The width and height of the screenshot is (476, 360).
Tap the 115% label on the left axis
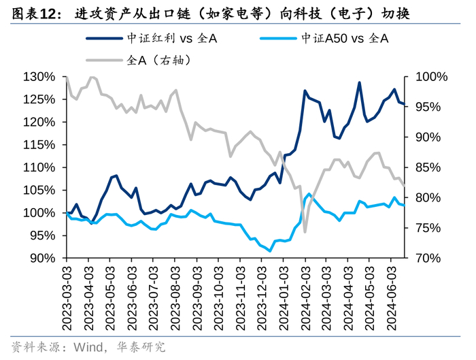pyautogui.click(x=39, y=144)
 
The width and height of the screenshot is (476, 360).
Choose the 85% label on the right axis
pyautogui.click(x=428, y=167)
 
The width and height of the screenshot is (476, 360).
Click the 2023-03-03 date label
pyautogui.click(x=67, y=299)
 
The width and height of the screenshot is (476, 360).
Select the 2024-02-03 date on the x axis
pyautogui.click(x=305, y=299)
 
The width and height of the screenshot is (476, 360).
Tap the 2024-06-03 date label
pyautogui.click(x=391, y=299)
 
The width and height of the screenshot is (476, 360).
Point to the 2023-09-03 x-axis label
pyautogui.click(x=197, y=299)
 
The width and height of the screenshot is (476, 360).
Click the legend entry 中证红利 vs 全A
pyautogui.click(x=152, y=39)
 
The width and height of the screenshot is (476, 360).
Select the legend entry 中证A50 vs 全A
pyautogui.click(x=324, y=39)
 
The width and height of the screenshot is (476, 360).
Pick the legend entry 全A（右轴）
pyautogui.click(x=139, y=60)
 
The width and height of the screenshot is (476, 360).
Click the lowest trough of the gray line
pyautogui.click(x=305, y=232)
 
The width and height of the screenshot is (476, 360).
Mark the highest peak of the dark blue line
pyautogui.click(x=360, y=82)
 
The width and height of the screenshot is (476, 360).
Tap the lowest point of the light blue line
pyautogui.click(x=270, y=251)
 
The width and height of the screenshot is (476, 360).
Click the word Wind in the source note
pyautogui.click(x=88, y=346)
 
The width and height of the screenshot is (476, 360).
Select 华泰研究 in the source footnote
pyautogui.click(x=141, y=346)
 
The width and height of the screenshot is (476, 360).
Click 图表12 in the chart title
pyautogui.click(x=33, y=14)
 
